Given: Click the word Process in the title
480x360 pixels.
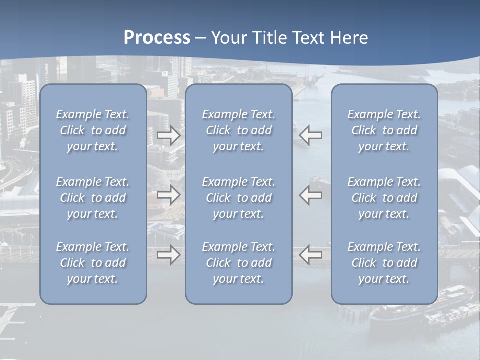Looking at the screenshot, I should [157, 38].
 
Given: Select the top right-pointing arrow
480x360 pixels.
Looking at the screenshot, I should [169, 135].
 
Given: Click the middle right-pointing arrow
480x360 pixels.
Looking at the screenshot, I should [169, 195].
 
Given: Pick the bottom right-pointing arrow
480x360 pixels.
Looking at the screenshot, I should [169, 255].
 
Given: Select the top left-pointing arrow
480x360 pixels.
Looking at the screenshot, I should [310, 135].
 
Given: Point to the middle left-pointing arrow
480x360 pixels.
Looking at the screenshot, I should [310, 195].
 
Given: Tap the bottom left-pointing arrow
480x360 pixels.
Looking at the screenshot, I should [310, 255].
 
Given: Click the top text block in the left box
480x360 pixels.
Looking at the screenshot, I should [93, 130].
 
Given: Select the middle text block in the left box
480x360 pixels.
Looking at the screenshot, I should [93, 198].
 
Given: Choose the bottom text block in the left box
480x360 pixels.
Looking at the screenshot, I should [93, 263].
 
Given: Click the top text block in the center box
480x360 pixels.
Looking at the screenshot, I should [238, 130].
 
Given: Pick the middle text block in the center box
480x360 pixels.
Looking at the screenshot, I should [238, 198].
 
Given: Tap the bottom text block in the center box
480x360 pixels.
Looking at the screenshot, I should [238, 263].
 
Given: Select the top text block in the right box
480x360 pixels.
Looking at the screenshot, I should [384, 130].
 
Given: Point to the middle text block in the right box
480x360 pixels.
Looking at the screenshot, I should [384, 198].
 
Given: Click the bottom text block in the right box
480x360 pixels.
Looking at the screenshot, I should [384, 263].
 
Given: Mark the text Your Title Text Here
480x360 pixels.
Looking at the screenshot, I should [290, 38].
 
